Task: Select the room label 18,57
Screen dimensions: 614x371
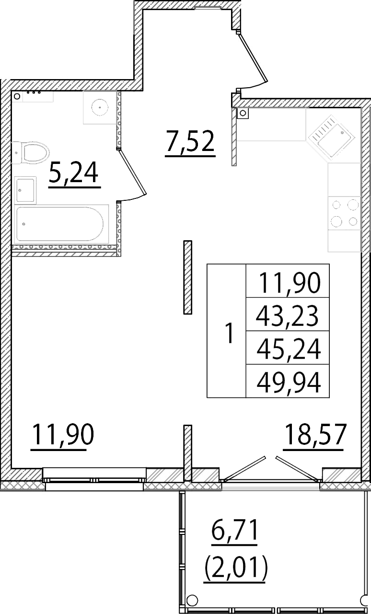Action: (314, 436)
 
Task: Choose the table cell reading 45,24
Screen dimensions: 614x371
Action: (288, 348)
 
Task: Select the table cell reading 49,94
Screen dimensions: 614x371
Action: (288, 382)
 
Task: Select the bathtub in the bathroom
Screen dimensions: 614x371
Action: (59, 224)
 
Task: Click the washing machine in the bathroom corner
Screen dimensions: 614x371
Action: (99, 107)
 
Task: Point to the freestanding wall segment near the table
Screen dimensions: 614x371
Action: (188, 278)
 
